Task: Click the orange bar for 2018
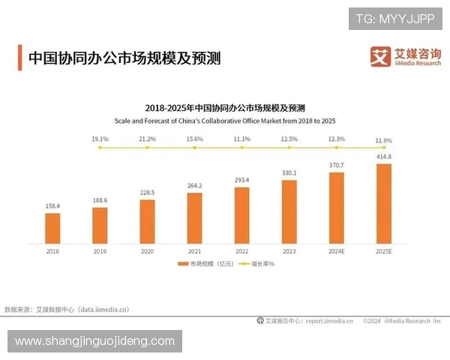pyautogui.click(x=52, y=228)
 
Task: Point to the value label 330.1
pyautogui.click(x=289, y=172)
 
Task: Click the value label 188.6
pyautogui.click(x=99, y=200)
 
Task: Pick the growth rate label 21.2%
pyautogui.click(x=147, y=139)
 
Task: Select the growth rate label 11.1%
pyautogui.click(x=241, y=139)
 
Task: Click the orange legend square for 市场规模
pyautogui.click(x=181, y=265)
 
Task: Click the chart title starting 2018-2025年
pyautogui.click(x=225, y=108)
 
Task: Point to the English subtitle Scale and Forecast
pyautogui.click(x=225, y=120)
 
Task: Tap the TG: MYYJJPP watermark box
pyautogui.click(x=395, y=18)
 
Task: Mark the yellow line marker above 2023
pyautogui.click(x=289, y=148)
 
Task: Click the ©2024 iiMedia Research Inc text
pyautogui.click(x=402, y=320)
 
